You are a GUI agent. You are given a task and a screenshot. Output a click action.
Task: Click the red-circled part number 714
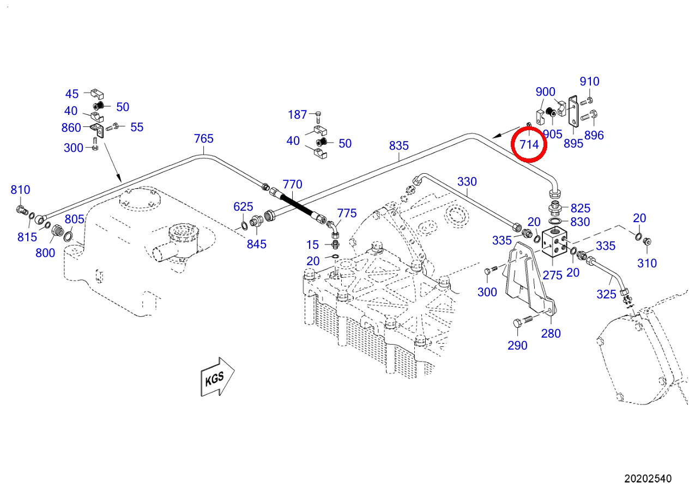click(x=529, y=144)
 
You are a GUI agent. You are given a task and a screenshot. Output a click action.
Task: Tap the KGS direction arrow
click(x=217, y=376)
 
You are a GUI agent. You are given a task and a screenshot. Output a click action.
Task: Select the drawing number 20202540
click(x=648, y=479)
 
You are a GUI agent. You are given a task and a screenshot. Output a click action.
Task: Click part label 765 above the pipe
click(x=203, y=138)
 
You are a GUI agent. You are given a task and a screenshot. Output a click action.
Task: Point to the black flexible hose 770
click(x=298, y=206)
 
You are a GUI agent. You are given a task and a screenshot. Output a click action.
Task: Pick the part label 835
click(x=398, y=145)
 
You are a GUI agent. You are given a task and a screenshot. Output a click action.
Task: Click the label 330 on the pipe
click(x=467, y=181)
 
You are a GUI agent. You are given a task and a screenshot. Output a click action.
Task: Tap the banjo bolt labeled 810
click(x=22, y=210)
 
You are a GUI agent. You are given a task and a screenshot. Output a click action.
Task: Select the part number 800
click(x=45, y=253)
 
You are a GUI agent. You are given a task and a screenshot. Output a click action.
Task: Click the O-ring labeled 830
click(x=555, y=221)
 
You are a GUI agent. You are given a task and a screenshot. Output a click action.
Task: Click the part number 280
click(x=551, y=333)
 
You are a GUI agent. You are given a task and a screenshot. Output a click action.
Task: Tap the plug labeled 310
click(x=647, y=241)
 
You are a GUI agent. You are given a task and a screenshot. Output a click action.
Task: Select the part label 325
click(x=606, y=294)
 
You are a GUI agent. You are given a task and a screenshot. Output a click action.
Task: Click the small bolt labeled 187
click(x=318, y=117)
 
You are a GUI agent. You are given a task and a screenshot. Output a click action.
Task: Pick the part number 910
click(x=589, y=82)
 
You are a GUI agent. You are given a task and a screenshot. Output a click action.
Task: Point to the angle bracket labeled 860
click(x=98, y=130)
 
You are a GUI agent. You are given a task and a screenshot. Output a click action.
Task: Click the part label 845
click(x=257, y=244)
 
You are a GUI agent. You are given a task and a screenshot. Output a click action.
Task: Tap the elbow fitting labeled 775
click(x=333, y=229)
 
